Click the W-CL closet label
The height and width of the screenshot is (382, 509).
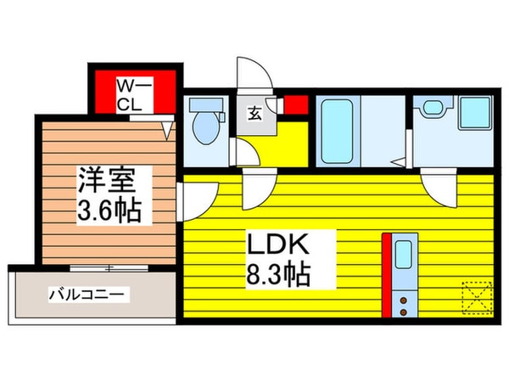pos(134,95)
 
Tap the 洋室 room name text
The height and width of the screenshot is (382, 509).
pos(106,180)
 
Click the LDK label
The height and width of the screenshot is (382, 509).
pos(277,244)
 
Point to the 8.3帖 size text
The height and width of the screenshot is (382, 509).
pos(278,274)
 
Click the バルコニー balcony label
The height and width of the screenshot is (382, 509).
pos(87,295)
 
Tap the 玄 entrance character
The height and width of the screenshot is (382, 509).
pos(255,114)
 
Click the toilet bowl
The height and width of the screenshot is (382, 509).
pos(206,128)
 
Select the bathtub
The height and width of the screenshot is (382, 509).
pos(337,132)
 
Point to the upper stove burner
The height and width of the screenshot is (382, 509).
pos(404,300)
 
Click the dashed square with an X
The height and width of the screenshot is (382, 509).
pos(478,298)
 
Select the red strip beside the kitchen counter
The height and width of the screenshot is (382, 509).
pos(386,275)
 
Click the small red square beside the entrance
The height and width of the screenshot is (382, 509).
pos(296,105)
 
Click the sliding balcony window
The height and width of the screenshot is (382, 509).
pos(109,268)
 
